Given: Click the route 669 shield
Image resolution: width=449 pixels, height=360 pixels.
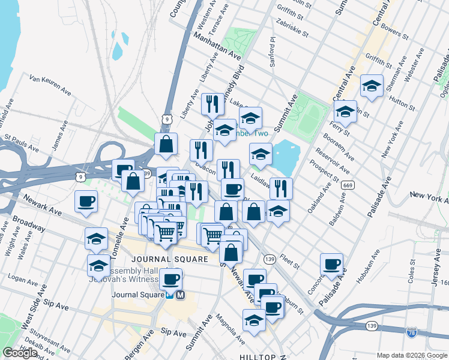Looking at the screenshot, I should [347, 185].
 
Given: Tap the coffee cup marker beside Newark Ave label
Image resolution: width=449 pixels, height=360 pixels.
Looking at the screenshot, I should [86, 201].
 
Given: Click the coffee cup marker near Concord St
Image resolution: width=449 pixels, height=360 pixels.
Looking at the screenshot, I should [331, 264].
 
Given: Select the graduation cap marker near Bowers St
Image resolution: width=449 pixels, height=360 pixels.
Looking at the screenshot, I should [372, 85].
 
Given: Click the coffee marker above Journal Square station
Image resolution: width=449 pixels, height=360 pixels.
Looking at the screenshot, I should [170, 278].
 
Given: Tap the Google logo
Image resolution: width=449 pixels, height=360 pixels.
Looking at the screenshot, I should [20, 353].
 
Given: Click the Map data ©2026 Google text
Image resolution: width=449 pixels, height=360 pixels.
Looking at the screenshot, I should [411, 355].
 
